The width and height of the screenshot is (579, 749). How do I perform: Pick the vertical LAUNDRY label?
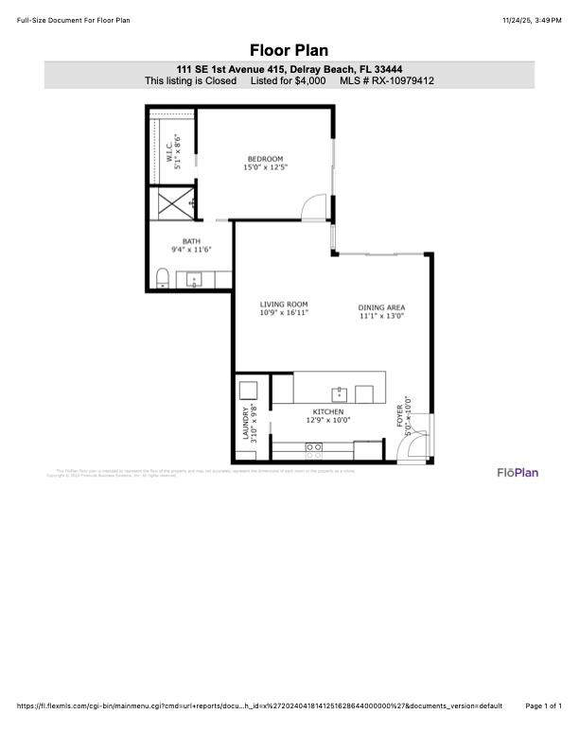click(248, 423)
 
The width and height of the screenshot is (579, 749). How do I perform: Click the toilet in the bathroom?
click(162, 278)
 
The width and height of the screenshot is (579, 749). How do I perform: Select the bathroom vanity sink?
click(194, 279)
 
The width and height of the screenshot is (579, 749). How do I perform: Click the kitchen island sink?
click(338, 392)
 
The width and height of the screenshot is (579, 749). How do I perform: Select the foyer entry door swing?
click(410, 451)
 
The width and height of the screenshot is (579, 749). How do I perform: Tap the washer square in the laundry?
click(249, 391)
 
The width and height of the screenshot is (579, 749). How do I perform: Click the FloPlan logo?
click(518, 472)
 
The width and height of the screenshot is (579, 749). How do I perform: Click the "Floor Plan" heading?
click(289, 50)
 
